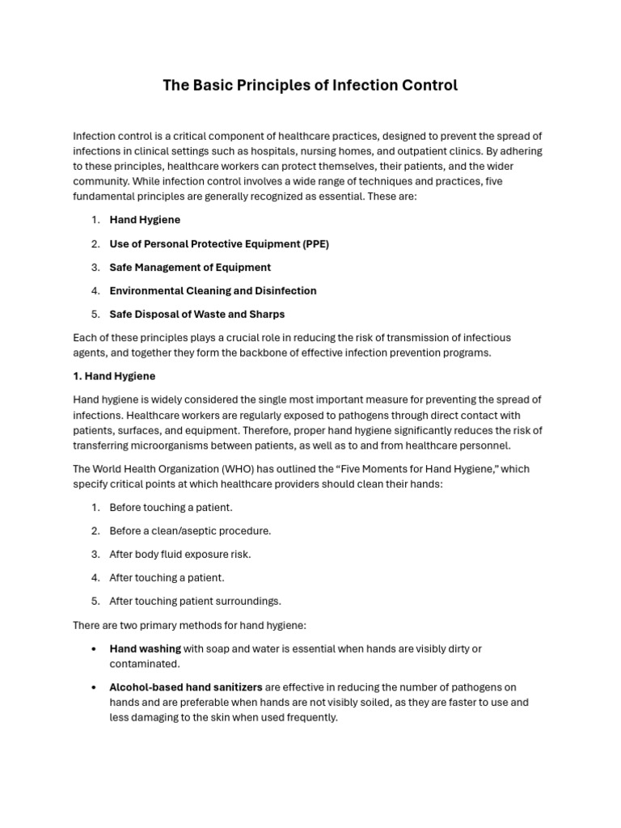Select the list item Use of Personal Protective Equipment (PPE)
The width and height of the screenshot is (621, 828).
tap(219, 243)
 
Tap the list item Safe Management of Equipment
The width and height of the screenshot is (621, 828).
tap(190, 267)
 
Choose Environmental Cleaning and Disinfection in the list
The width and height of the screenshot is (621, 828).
tap(213, 290)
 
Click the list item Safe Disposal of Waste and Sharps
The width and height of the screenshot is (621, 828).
tap(196, 314)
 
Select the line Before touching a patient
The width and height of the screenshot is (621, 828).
tap(171, 507)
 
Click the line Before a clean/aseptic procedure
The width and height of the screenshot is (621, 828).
tap(190, 530)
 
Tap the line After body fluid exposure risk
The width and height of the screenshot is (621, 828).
tap(180, 554)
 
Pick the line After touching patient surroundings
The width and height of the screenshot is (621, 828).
tap(195, 601)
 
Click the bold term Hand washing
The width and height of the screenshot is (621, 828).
tap(145, 648)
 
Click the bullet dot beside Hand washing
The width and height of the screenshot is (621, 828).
tap(95, 648)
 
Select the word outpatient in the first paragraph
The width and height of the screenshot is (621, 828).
tap(416, 150)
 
